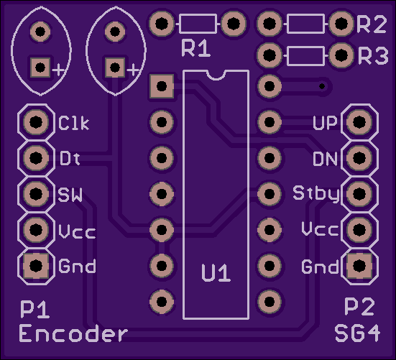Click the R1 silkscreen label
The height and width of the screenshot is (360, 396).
(x=196, y=48)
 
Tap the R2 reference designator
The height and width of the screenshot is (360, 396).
(x=372, y=24)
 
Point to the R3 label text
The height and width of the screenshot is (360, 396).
(x=373, y=55)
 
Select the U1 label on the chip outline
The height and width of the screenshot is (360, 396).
(x=216, y=273)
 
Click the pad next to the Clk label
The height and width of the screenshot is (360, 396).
(x=36, y=122)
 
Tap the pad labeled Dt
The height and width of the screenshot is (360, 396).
(x=36, y=158)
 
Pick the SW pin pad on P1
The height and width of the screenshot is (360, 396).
(x=36, y=193)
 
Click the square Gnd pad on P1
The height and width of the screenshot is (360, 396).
(x=36, y=266)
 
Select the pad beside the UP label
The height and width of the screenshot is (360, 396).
(x=359, y=122)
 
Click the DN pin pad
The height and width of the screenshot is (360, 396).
(x=359, y=158)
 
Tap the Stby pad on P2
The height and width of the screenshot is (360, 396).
(x=359, y=193)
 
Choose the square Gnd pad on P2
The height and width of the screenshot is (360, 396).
(x=359, y=266)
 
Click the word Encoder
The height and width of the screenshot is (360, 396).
(x=73, y=333)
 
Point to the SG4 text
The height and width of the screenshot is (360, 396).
(x=357, y=333)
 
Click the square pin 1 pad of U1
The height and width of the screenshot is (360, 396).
(x=162, y=86)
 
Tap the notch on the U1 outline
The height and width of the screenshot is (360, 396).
(x=216, y=75)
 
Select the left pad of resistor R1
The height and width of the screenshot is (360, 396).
(x=162, y=24)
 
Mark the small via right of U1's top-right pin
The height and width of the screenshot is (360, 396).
(x=322, y=86)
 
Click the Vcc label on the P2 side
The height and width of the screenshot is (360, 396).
(x=320, y=229)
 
